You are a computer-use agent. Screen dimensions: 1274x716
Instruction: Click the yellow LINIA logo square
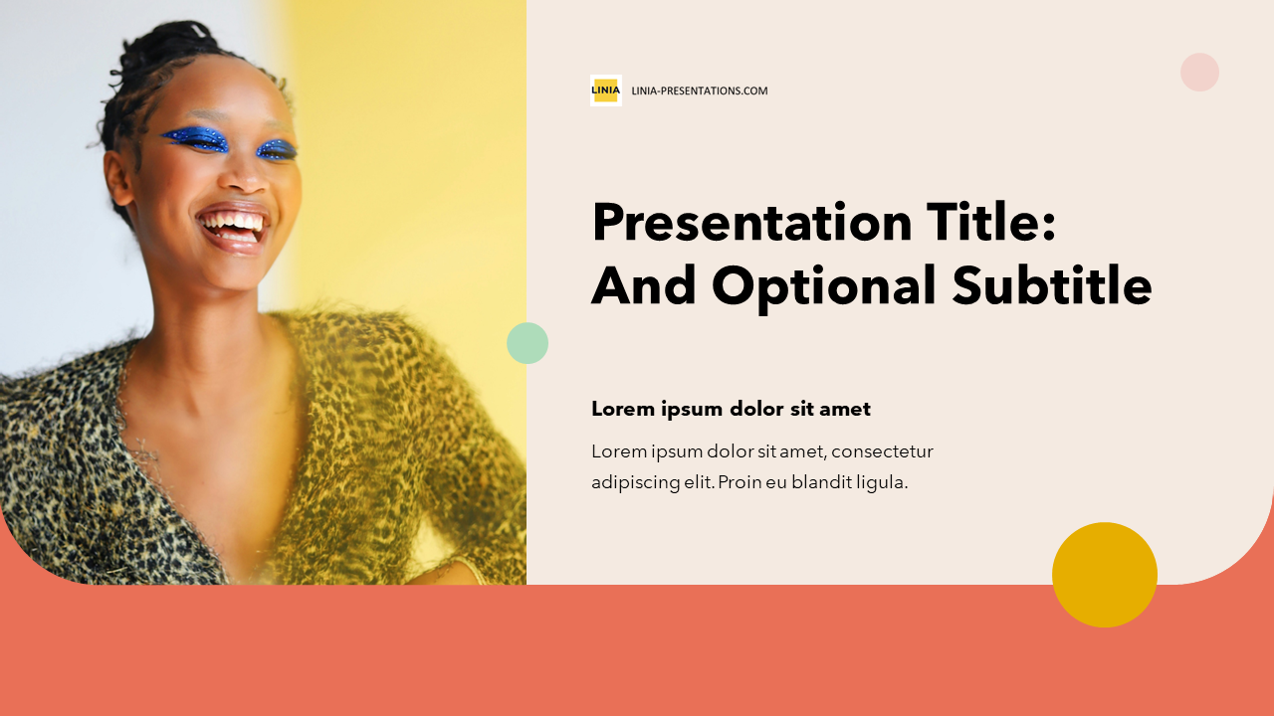pos(606,90)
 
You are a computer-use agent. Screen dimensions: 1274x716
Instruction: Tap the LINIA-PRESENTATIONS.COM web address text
pos(700,90)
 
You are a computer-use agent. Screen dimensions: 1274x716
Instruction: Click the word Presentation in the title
pos(751,224)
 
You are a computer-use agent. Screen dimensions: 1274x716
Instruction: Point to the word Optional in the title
pos(823,287)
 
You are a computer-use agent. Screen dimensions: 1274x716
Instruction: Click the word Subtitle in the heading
pos(1052,284)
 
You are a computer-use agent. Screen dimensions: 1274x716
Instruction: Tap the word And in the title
pos(644,285)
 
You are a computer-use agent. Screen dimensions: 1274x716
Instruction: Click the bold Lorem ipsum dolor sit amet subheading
pos(731,409)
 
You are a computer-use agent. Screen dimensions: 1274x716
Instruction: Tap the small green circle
pos(528,343)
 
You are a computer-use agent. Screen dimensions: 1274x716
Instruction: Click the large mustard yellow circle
pos(1105,575)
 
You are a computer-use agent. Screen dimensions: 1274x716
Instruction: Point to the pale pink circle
pos(1199,73)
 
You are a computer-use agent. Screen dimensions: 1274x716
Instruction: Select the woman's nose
pos(246,176)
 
